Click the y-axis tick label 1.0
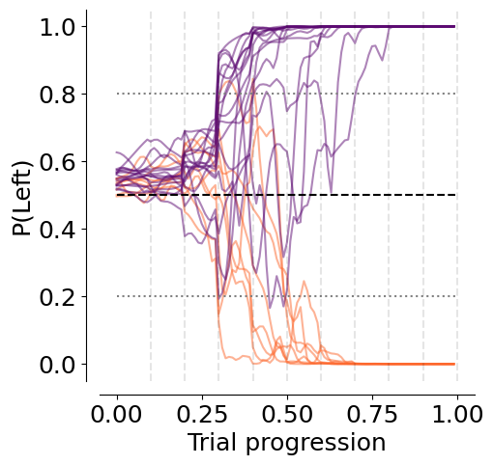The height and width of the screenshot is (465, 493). coord(57,27)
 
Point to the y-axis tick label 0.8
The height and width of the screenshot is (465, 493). coord(57,95)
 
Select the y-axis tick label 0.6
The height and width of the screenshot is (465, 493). coord(57,162)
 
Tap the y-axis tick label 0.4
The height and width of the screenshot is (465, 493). coord(57,230)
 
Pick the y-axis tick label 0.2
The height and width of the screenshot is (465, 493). coord(57,297)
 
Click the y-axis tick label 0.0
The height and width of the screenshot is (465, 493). coord(57,365)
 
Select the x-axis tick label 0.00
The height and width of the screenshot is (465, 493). coord(116,414)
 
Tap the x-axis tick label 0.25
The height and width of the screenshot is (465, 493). coord(202,414)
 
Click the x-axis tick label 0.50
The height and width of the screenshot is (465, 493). coord(287,414)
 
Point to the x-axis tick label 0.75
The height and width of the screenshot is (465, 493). coord(372,414)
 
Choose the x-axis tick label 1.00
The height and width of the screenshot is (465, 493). coord(457,414)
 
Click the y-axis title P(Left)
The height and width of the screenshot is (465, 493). coord(22,199)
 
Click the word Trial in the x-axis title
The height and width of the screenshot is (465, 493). coord(214,442)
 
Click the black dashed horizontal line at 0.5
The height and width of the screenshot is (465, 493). coord(286,195)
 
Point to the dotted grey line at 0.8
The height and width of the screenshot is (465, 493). coord(286,94)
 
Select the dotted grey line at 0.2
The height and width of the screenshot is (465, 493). coord(286,296)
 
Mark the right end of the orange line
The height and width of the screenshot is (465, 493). coord(454,364)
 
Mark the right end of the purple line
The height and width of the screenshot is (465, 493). coord(454,26)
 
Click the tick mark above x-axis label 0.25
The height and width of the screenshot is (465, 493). coord(202,397)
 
